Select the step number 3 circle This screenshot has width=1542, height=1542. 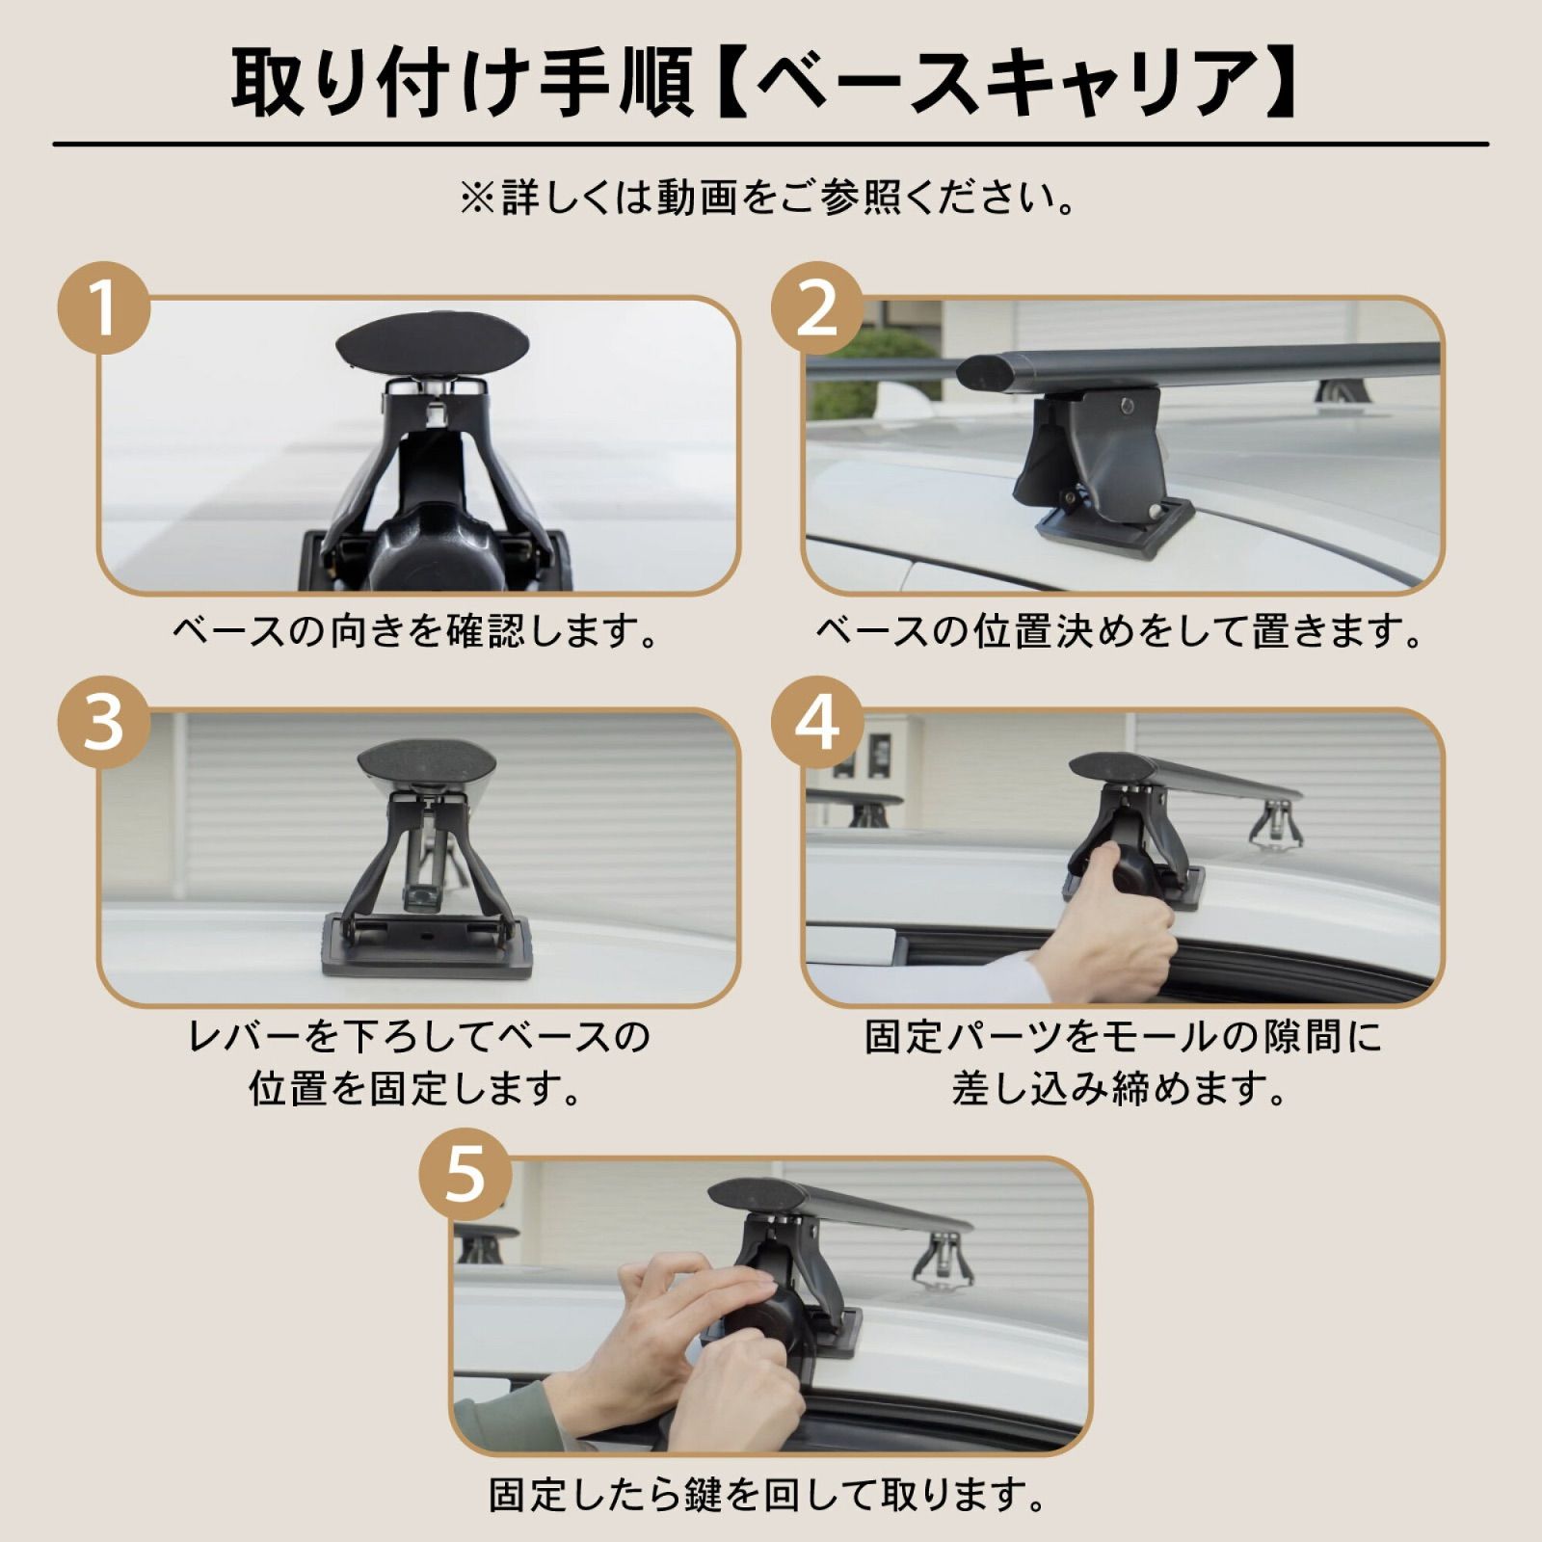[104, 723]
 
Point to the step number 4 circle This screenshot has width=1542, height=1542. [817, 723]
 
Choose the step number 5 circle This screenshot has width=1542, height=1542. [465, 1174]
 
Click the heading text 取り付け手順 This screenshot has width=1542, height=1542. [462, 83]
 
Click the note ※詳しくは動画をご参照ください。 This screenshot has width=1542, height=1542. [769, 199]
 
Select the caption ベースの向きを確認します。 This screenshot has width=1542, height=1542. [416, 632]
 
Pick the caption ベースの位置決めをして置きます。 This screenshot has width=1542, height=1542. [1119, 632]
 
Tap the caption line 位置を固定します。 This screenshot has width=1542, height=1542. [416, 1089]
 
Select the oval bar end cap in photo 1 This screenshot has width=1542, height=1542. [433, 345]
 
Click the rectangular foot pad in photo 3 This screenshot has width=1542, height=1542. [427, 948]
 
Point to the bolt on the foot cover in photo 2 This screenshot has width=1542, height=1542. [1127, 406]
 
